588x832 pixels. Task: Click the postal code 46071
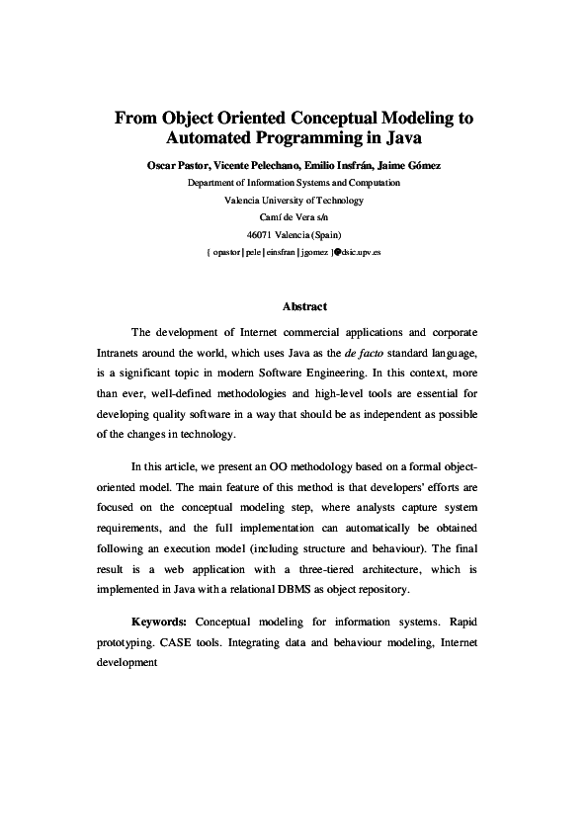(260, 234)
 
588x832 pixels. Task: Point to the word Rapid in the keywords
(463, 624)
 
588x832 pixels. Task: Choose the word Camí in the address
(271, 217)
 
